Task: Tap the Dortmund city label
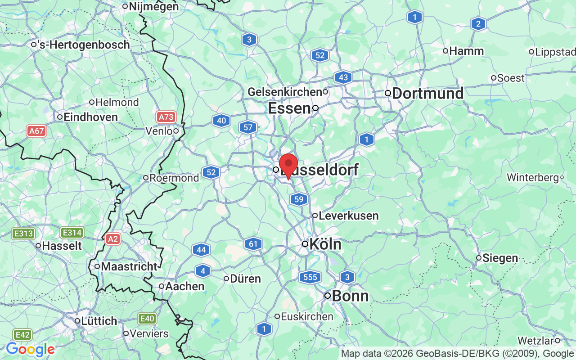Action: pyautogui.click(x=427, y=94)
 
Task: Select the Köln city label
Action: pyautogui.click(x=325, y=244)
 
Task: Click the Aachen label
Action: pyautogui.click(x=184, y=286)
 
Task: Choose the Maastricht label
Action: pyautogui.click(x=129, y=266)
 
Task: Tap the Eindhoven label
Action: pyautogui.click(x=90, y=117)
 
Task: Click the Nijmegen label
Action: pyautogui.click(x=153, y=7)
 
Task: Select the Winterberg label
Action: pyautogui.click(x=532, y=178)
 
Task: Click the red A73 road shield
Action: pyautogui.click(x=166, y=117)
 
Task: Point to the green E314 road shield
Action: pyautogui.click(x=72, y=233)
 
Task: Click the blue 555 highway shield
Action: pyautogui.click(x=310, y=277)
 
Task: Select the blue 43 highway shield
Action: pyautogui.click(x=343, y=77)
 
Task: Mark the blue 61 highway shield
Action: pyautogui.click(x=253, y=244)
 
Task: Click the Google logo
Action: pyautogui.click(x=30, y=349)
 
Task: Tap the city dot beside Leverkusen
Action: pyautogui.click(x=315, y=216)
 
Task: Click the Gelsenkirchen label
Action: pyautogui.click(x=284, y=92)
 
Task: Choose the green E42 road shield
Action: pyautogui.click(x=22, y=335)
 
